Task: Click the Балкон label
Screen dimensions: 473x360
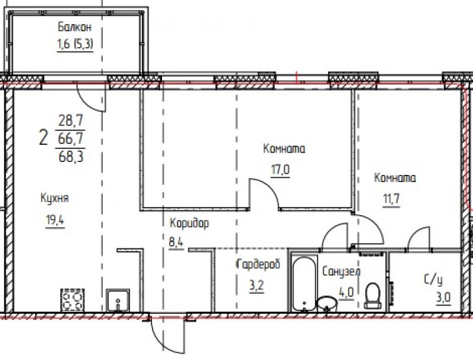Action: click(74, 27)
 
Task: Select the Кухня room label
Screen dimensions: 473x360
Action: click(54, 199)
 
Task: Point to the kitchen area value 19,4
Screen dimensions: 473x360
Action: click(55, 220)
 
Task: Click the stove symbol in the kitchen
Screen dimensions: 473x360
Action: click(72, 300)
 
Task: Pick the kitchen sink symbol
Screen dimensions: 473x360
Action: click(118, 300)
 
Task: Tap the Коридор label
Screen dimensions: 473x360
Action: click(189, 223)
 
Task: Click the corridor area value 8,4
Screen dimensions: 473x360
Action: click(176, 242)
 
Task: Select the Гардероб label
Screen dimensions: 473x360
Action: click(258, 264)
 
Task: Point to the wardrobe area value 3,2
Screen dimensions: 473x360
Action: click(256, 286)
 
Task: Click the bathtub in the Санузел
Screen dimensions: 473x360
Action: click(304, 283)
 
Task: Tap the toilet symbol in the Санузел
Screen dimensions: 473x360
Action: click(372, 296)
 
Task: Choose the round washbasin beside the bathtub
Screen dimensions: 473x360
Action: click(328, 303)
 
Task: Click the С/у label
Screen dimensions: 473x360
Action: click(433, 280)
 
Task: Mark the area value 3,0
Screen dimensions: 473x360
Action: click(443, 298)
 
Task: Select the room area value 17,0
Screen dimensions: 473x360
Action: click(280, 170)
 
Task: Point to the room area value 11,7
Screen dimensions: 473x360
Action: click(391, 199)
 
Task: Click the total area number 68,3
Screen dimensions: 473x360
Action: click(70, 157)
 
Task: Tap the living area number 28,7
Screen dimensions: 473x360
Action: click(71, 122)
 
